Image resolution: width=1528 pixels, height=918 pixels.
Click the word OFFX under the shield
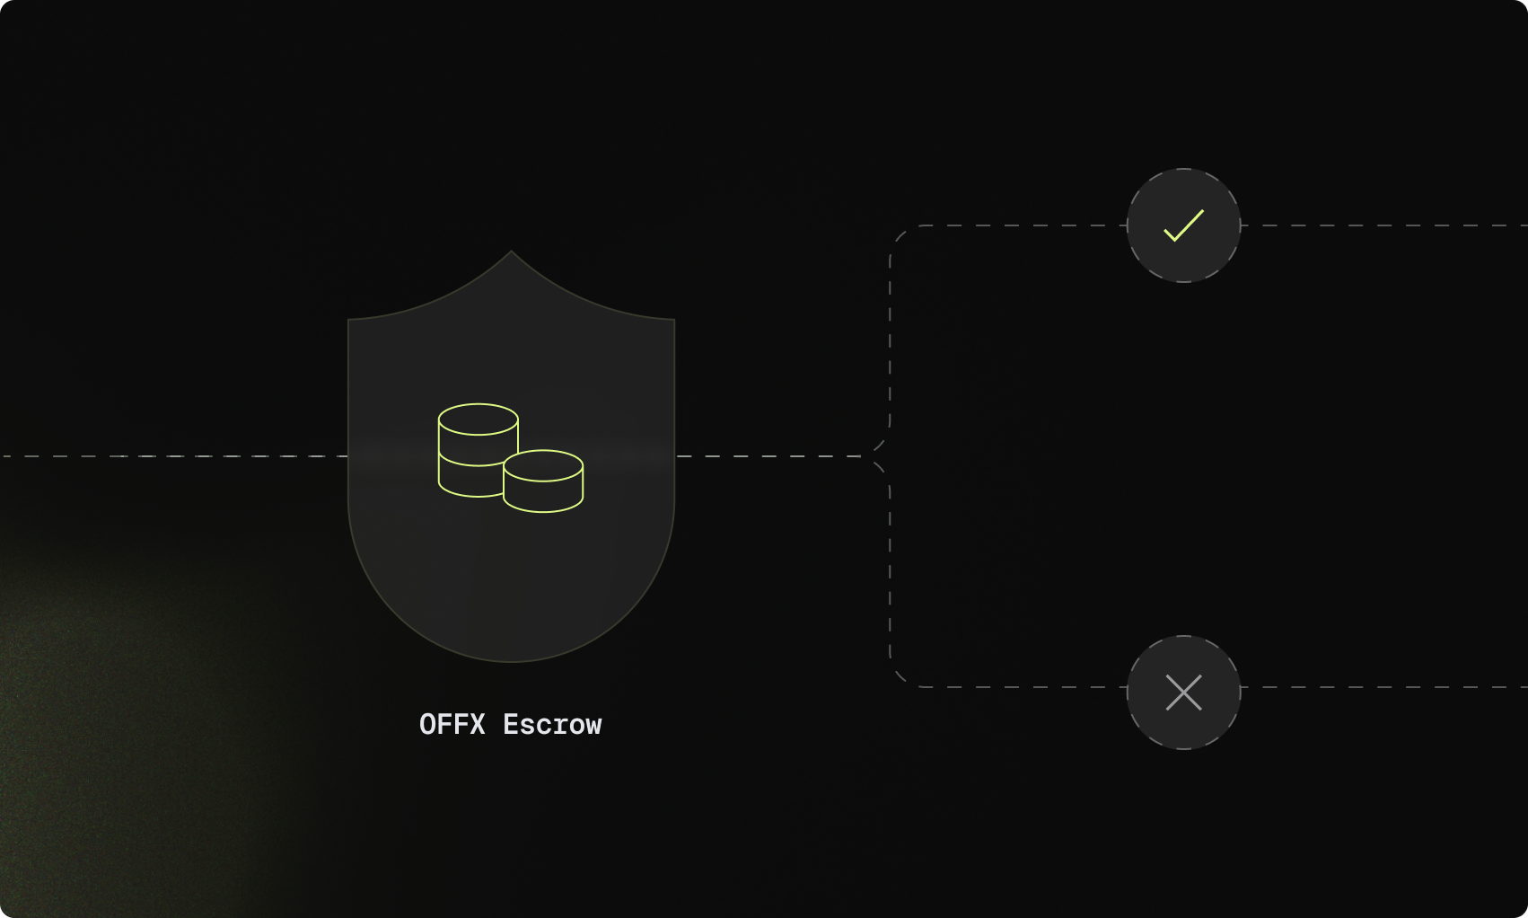pos(452,725)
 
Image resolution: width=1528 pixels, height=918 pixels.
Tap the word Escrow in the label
pos(552,725)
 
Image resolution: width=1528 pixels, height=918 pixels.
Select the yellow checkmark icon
pos(1183,225)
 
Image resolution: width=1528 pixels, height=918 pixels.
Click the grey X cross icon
pos(1183,693)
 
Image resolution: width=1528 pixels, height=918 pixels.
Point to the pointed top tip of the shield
pos(512,252)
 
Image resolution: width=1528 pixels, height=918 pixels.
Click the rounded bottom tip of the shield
pos(512,660)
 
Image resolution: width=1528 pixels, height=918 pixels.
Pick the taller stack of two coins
pos(478,449)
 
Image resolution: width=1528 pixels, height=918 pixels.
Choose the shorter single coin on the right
pos(543,481)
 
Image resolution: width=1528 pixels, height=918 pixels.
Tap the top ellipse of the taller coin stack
pos(478,419)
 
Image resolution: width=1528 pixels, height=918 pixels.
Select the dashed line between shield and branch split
pos(768,456)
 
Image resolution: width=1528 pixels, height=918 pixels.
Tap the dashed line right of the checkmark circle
pos(1383,225)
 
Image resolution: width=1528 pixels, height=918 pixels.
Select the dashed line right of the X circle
pos(1383,687)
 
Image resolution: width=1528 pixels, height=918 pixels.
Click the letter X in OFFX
pos(477,725)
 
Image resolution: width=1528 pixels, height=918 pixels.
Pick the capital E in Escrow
pos(511,725)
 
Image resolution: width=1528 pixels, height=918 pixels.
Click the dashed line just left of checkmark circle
pos(1032,225)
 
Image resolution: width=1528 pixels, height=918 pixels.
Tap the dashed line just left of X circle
pos(1032,687)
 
